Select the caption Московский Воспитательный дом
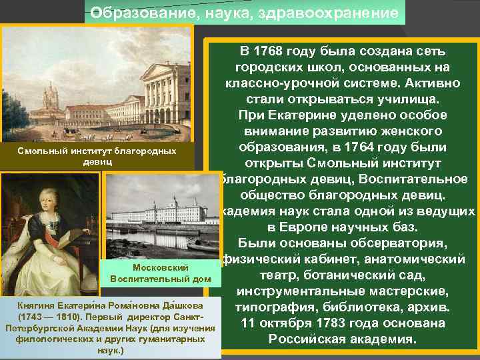click(154, 273)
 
